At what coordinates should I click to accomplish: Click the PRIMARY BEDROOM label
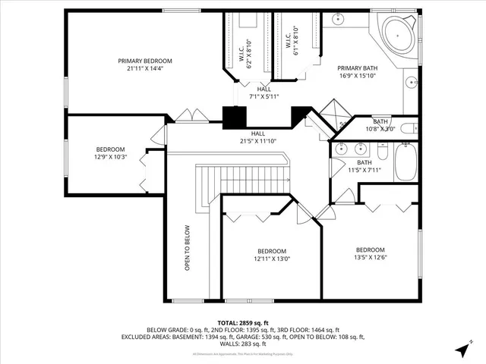[x=145, y=61]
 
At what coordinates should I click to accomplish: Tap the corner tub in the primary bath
[x=397, y=35]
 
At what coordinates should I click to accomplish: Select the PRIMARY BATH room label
[x=358, y=67]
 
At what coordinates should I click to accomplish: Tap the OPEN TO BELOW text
[x=187, y=248]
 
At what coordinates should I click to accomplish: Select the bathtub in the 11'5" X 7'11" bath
[x=404, y=162]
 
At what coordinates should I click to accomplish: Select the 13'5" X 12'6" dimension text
[x=371, y=257]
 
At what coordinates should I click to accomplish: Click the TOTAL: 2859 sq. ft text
[x=243, y=322]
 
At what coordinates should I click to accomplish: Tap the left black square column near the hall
[x=235, y=117]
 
